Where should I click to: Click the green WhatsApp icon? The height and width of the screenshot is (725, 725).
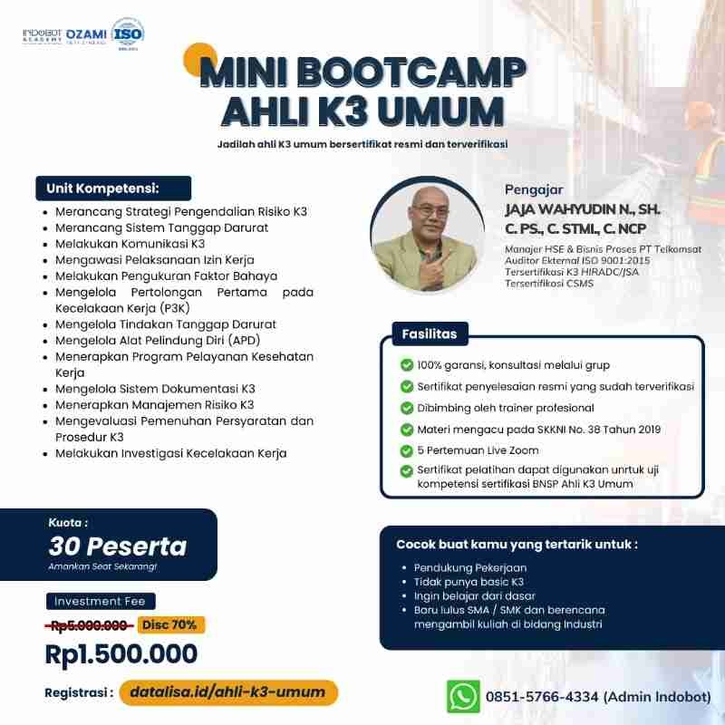pos(463,695)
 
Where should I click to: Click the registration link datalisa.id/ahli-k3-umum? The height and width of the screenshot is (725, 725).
pos(227,692)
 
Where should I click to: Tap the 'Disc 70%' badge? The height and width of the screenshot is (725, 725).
pos(171,624)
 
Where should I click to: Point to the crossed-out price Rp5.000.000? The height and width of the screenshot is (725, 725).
pos(88,624)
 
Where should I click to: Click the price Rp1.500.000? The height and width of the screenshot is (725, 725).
pos(121,652)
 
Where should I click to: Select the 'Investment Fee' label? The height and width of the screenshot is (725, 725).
pos(101,601)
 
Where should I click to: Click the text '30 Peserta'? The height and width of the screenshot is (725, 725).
pos(118,546)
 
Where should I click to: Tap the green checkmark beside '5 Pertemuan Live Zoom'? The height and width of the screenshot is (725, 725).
pos(406,450)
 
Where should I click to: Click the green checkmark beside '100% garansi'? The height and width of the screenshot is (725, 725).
pos(406,365)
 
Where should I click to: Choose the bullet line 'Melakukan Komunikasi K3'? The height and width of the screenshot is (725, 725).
pos(130,244)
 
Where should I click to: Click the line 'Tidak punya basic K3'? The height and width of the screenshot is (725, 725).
pos(469,582)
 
